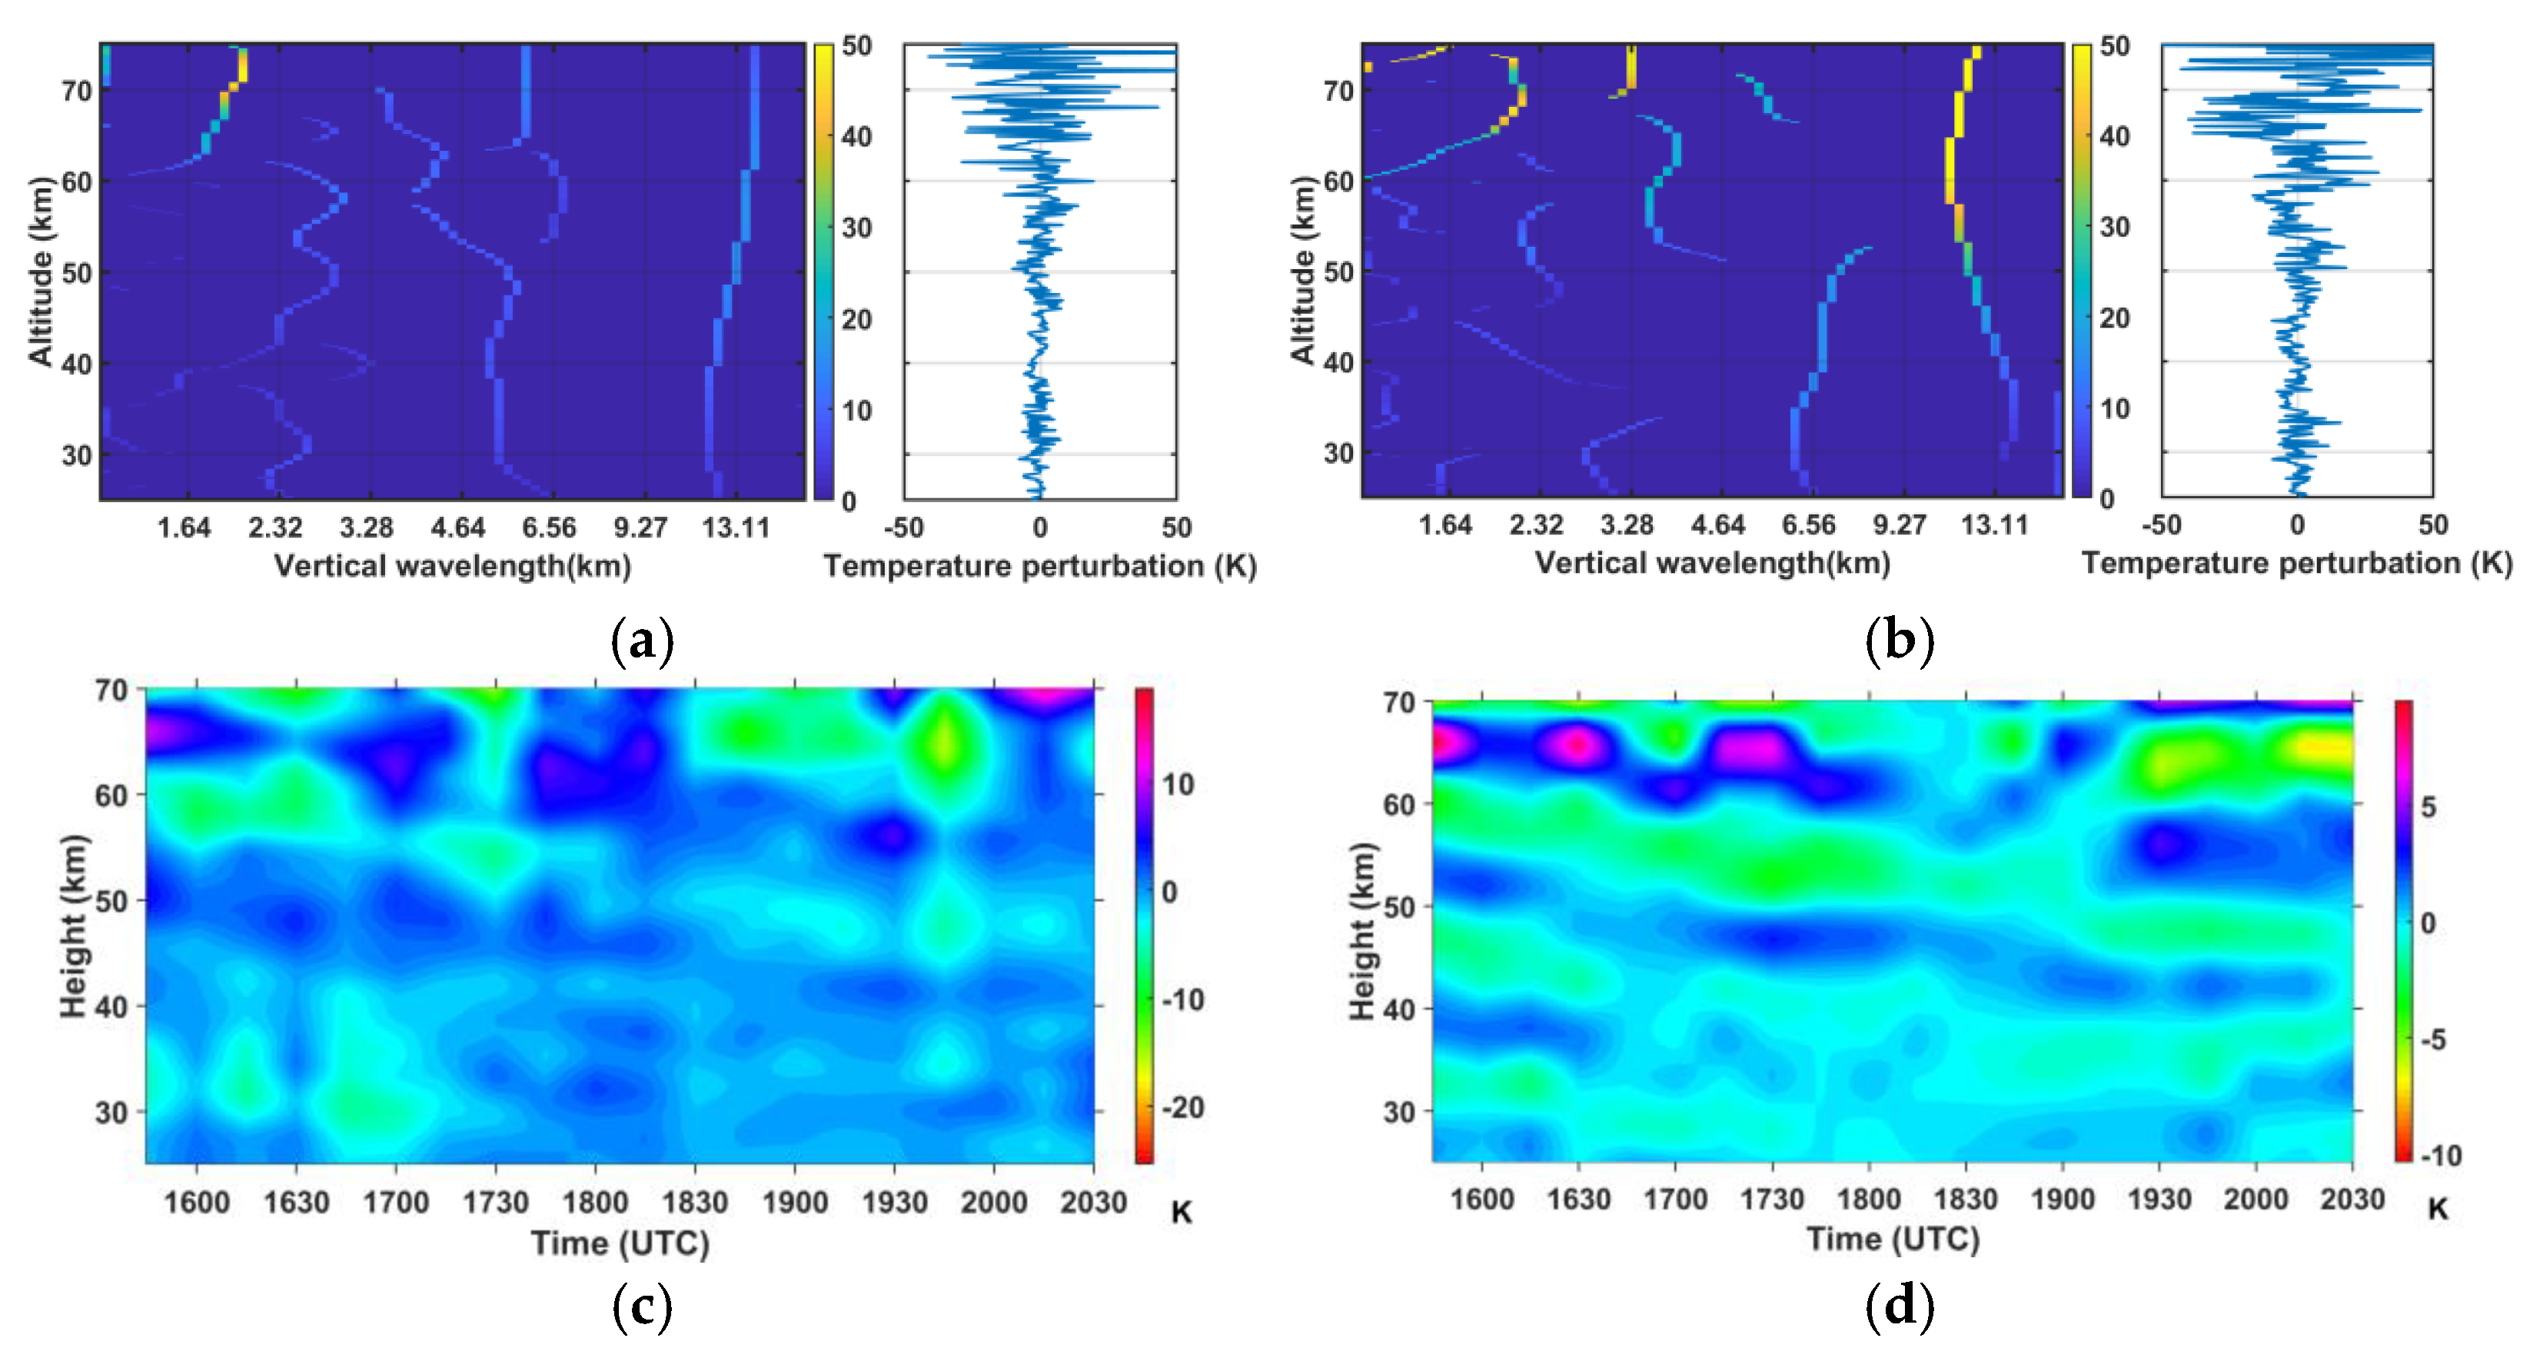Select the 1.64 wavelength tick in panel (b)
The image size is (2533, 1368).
[x=1444, y=525]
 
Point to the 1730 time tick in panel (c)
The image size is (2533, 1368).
[x=496, y=1202]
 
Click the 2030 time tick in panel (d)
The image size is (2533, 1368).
[x=2352, y=1199]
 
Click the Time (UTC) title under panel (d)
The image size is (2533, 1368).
[x=1893, y=1238]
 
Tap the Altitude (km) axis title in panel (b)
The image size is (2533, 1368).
[x=1302, y=271]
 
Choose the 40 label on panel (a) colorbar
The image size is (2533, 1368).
[x=856, y=137]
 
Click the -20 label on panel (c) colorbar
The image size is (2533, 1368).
[x=1183, y=1107]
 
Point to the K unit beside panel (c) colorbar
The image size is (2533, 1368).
[x=1181, y=1213]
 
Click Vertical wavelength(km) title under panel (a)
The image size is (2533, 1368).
[x=452, y=565]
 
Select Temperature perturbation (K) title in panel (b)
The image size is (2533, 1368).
[x=2297, y=564]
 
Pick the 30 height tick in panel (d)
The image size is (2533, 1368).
[x=1398, y=1112]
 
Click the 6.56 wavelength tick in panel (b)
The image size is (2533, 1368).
[x=1808, y=525]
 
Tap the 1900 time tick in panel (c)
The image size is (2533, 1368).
[x=795, y=1202]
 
